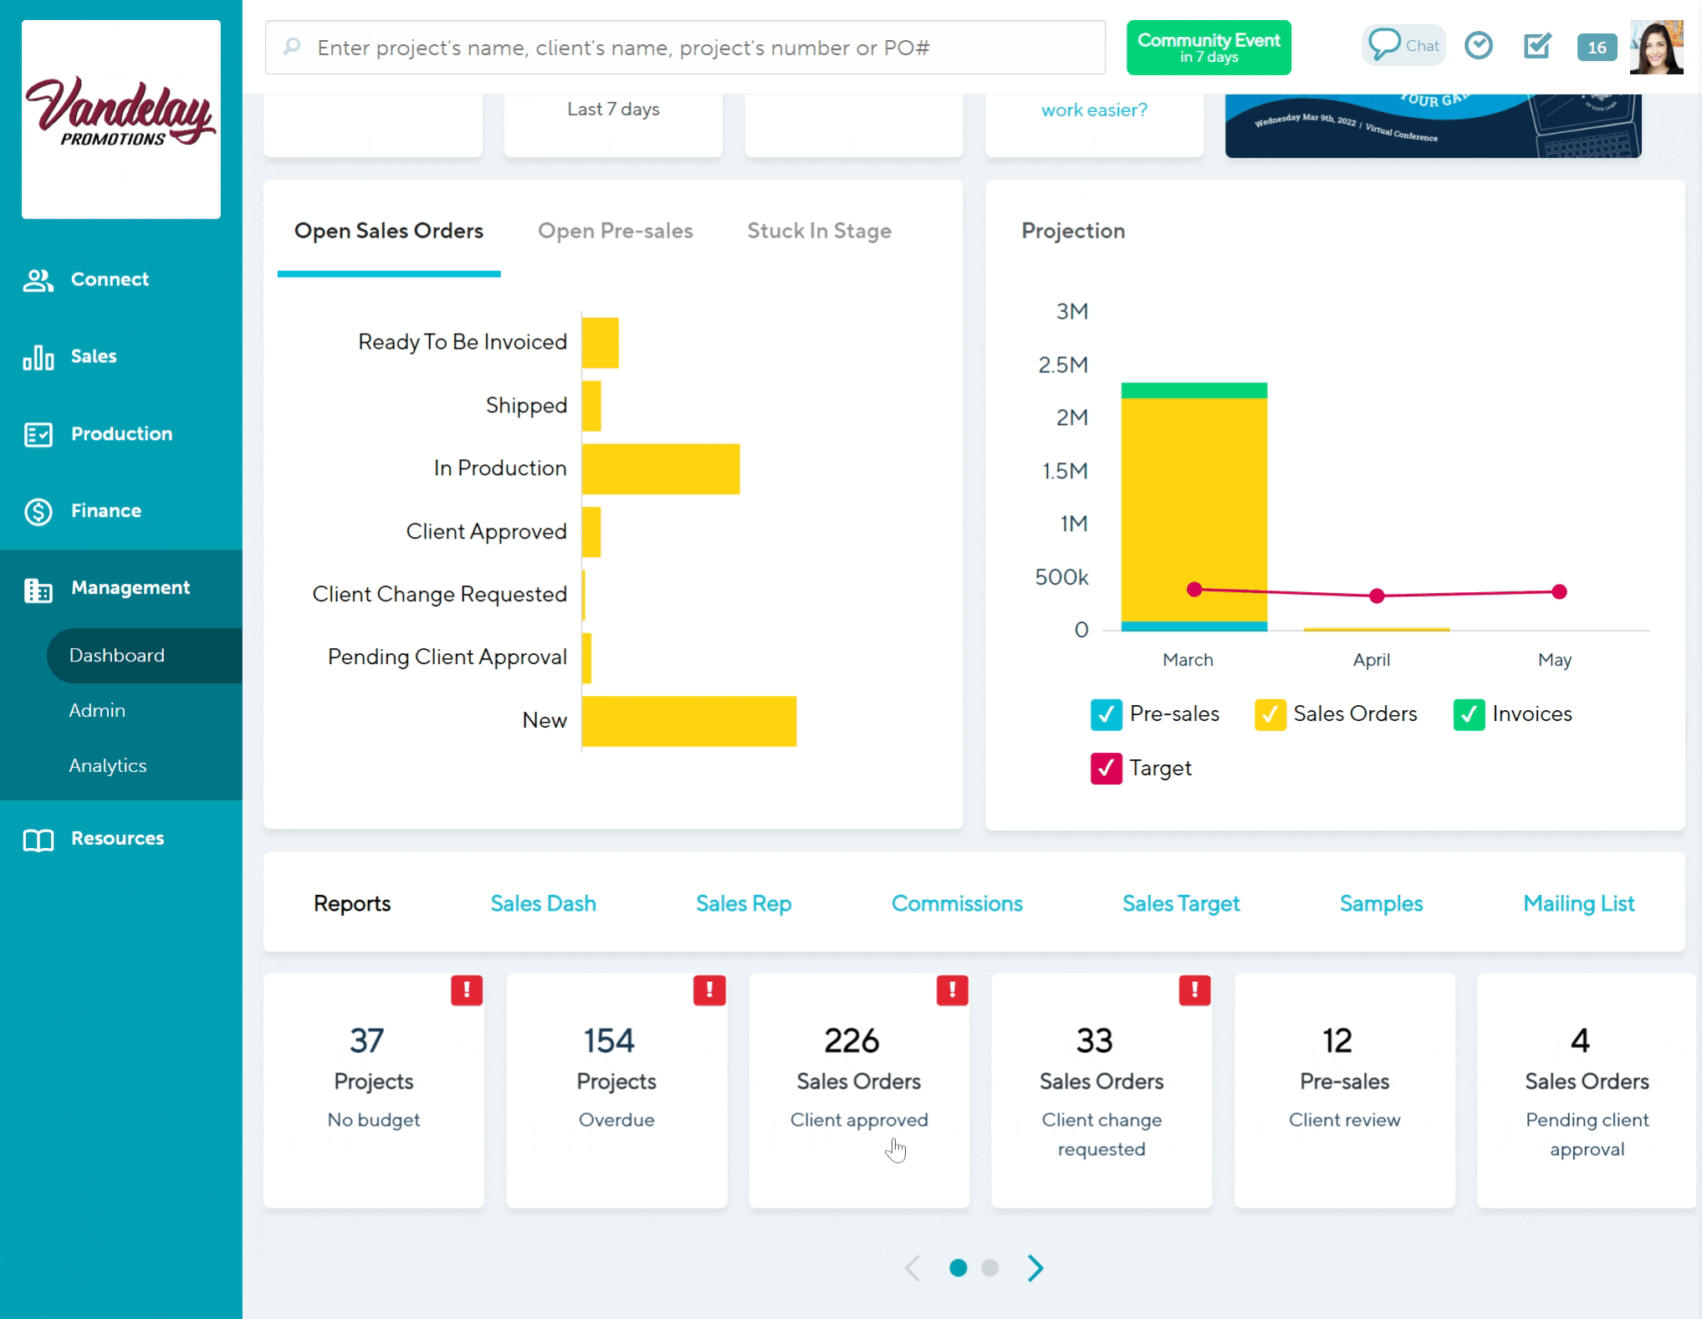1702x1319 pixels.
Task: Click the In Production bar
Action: click(660, 469)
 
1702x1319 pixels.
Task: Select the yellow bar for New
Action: click(688, 721)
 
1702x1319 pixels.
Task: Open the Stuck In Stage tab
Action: click(819, 231)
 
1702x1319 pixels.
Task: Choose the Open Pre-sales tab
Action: click(615, 231)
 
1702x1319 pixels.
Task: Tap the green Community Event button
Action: click(1208, 48)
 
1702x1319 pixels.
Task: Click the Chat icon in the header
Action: click(1403, 45)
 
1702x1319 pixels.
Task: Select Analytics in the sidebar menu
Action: click(108, 765)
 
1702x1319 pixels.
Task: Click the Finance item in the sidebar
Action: click(105, 511)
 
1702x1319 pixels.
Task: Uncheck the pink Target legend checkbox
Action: click(1106, 768)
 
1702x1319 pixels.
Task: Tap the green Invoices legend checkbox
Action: click(1468, 714)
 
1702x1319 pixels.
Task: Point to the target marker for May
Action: click(1558, 592)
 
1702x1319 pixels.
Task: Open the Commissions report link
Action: click(956, 903)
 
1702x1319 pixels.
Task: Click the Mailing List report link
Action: click(1578, 903)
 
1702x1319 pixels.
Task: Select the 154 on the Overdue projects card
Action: click(609, 1041)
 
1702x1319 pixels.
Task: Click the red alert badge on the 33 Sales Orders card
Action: click(1193, 990)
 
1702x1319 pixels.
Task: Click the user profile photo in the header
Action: click(1656, 48)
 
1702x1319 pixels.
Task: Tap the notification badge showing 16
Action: click(1596, 48)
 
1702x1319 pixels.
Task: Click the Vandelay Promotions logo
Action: click(121, 120)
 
